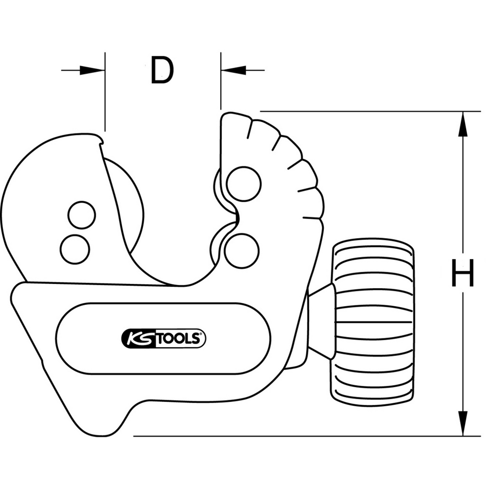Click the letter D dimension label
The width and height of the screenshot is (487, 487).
[x=162, y=70]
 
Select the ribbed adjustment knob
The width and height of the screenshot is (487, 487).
[x=373, y=322]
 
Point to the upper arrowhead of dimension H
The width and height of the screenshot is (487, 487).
[x=462, y=124]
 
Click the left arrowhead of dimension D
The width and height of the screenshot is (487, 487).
[x=93, y=71]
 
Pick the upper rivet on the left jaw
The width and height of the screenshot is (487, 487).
[x=82, y=215]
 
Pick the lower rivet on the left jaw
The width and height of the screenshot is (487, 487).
[x=75, y=249]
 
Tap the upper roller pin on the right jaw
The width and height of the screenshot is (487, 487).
[x=244, y=184]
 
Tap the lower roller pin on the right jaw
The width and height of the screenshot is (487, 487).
[x=242, y=250]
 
